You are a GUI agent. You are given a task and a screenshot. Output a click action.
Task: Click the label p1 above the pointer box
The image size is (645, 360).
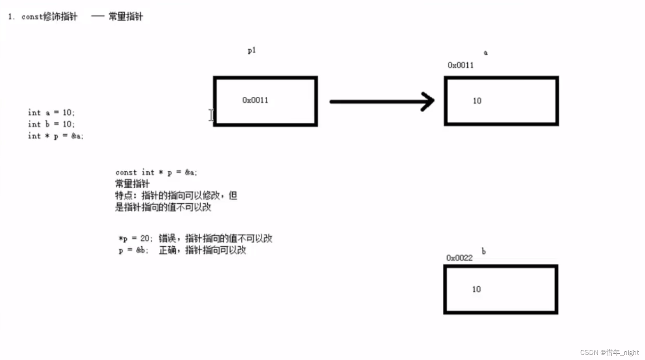[252, 51]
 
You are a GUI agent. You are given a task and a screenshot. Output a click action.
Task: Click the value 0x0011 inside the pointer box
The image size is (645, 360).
[255, 100]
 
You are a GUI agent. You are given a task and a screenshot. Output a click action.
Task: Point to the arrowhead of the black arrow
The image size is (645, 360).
[428, 101]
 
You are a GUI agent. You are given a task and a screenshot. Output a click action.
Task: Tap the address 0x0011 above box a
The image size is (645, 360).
[461, 65]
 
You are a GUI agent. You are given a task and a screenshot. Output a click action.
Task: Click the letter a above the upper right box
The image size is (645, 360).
[485, 52]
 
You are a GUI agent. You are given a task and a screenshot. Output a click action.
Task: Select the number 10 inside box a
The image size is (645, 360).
[477, 101]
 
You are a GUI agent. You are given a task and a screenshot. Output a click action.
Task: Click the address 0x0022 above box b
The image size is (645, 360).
[459, 258]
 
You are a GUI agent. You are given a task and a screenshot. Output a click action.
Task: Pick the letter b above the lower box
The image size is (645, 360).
[483, 251]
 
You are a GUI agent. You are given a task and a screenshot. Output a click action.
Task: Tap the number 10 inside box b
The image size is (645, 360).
[476, 289]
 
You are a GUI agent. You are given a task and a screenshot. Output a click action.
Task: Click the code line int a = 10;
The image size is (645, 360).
[51, 112]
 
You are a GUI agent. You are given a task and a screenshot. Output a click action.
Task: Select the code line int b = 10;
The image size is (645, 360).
[51, 124]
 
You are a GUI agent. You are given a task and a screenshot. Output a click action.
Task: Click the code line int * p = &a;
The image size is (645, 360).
[55, 136]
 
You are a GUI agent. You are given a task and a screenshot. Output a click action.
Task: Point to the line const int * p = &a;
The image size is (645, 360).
[156, 172]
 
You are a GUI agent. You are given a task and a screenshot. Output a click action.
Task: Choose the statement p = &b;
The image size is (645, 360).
[133, 250]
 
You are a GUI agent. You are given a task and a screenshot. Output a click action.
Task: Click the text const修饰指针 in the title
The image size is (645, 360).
[49, 17]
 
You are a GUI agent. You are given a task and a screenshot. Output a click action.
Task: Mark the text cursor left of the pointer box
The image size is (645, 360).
[211, 115]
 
